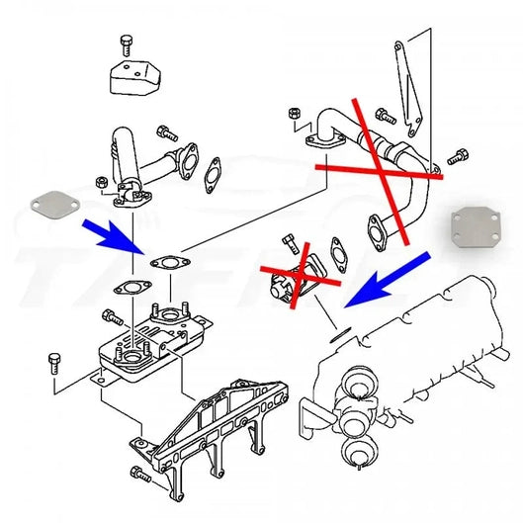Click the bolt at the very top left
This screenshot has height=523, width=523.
[x=126, y=44]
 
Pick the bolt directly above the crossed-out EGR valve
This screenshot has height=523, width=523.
[x=290, y=244]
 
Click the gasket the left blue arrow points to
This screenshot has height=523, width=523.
[x=167, y=263]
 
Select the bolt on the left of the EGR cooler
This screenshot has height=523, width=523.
[x=54, y=361]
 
